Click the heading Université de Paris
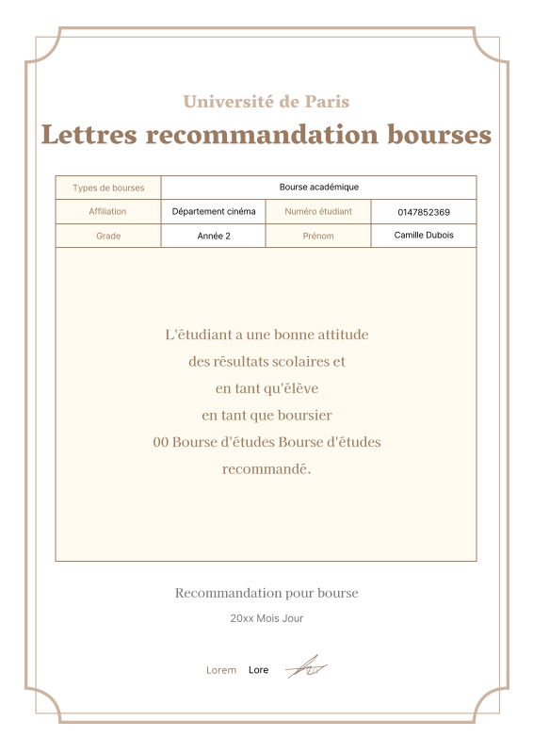pyautogui.click(x=266, y=102)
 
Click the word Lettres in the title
pyautogui.click(x=87, y=135)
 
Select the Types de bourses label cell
pyautogui.click(x=108, y=188)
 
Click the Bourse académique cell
pyautogui.click(x=318, y=188)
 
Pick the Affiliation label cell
pyautogui.click(x=107, y=212)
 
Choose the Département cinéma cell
pyautogui.click(x=214, y=212)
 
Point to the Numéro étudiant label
pyautogui.click(x=318, y=212)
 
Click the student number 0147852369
pyautogui.click(x=424, y=212)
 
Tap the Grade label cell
pyautogui.click(x=108, y=236)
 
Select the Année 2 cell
pyautogui.click(x=214, y=236)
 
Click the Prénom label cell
pyautogui.click(x=318, y=236)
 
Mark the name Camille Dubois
pyautogui.click(x=424, y=235)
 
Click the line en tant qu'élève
pyautogui.click(x=266, y=388)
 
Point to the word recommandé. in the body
pyautogui.click(x=266, y=468)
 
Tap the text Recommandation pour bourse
pyautogui.click(x=266, y=593)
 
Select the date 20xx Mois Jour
pyautogui.click(x=266, y=619)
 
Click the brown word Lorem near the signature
pyautogui.click(x=221, y=670)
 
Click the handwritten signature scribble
pyautogui.click(x=306, y=668)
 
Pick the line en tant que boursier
pyautogui.click(x=266, y=415)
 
